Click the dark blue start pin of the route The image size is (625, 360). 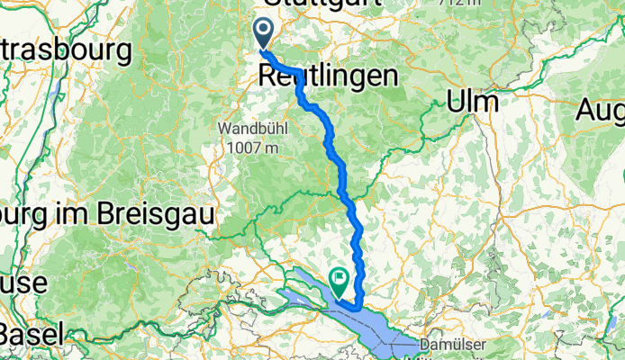264,33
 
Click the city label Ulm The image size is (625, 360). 473,103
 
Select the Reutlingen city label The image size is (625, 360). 328,76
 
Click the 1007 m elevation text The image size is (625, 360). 252,146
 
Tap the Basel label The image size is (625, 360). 32,334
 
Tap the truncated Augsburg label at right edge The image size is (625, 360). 603,112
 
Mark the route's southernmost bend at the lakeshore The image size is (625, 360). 359,309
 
